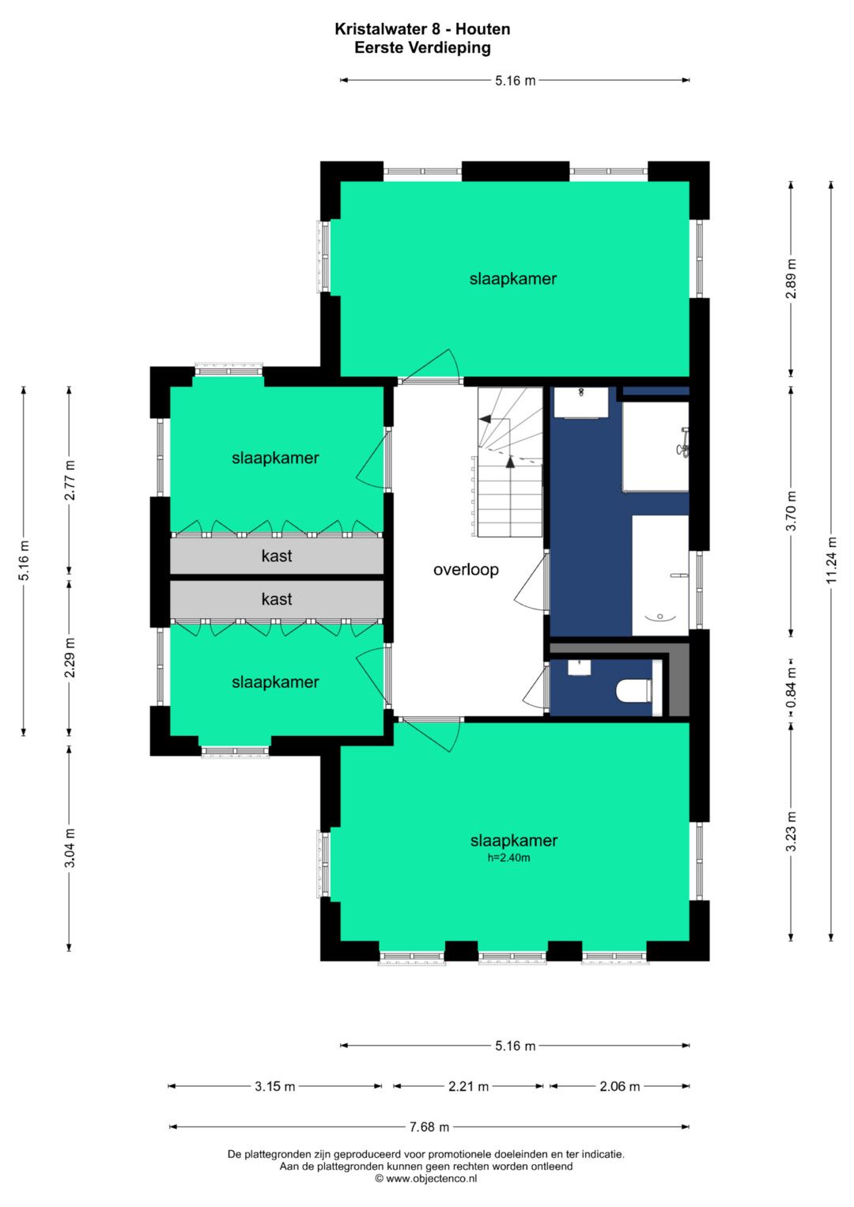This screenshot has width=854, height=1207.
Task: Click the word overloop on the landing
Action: (x=466, y=570)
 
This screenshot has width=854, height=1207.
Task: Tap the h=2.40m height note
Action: (x=508, y=858)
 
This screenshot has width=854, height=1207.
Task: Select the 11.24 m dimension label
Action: (x=831, y=560)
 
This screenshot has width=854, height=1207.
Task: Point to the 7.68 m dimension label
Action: (x=429, y=1126)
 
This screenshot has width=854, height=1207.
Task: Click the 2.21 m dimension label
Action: (x=468, y=1086)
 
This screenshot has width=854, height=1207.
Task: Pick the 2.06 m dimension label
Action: (x=619, y=1086)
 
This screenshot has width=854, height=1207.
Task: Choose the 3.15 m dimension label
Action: (x=275, y=1086)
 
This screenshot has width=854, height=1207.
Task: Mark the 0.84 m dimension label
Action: (x=791, y=688)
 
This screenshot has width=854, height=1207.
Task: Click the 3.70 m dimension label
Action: (x=791, y=511)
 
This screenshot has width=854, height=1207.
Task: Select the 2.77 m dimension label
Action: (x=70, y=480)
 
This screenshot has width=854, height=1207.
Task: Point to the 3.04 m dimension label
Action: (x=70, y=848)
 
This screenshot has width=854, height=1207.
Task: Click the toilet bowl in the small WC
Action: (x=633, y=690)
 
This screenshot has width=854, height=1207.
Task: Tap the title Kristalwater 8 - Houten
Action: (x=422, y=29)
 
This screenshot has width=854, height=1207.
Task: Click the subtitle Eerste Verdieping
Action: (x=422, y=48)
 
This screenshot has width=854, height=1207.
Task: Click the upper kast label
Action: (x=277, y=556)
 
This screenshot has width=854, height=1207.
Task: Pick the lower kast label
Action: (x=277, y=598)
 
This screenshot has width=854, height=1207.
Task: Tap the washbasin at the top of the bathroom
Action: (x=581, y=402)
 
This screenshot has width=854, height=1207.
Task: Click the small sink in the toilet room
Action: (x=579, y=668)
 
